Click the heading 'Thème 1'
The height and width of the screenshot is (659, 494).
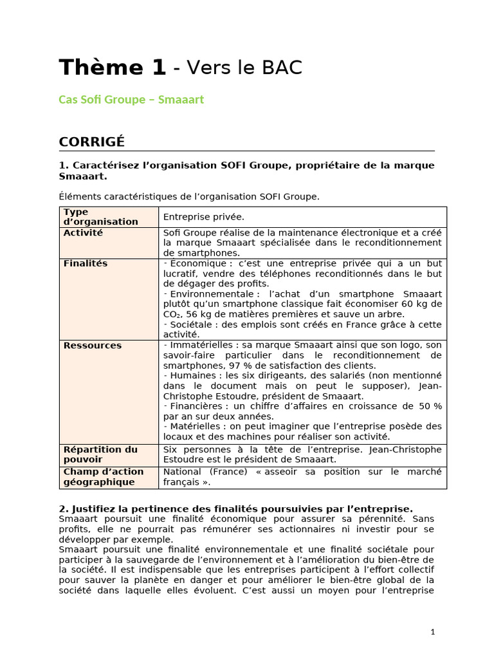point(112,68)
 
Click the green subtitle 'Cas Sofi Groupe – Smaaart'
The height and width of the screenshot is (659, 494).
point(131,100)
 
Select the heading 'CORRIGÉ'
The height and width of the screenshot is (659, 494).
point(92,142)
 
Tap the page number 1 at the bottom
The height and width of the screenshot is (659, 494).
point(433,632)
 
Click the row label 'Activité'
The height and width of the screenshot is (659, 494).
point(83,233)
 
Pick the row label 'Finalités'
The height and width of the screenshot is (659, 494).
point(86,264)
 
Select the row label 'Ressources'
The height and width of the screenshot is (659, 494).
point(93,346)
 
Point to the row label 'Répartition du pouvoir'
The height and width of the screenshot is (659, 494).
point(100,454)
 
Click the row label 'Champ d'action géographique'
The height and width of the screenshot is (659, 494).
point(104,477)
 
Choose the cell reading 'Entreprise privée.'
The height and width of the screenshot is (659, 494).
point(204,217)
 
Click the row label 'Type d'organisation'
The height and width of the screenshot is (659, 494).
point(100,217)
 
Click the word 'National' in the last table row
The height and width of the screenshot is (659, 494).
point(183,472)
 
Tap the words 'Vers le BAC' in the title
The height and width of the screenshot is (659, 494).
point(245,68)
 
